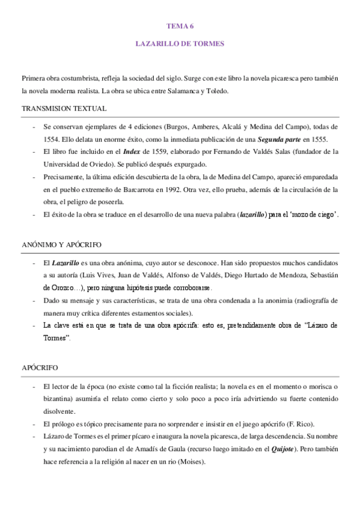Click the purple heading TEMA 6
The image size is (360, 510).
(180, 27)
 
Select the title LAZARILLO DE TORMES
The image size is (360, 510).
(180, 44)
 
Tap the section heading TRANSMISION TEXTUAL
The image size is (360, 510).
(64, 109)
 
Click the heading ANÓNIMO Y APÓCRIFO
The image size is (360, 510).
(61, 245)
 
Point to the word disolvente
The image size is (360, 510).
(59, 411)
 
